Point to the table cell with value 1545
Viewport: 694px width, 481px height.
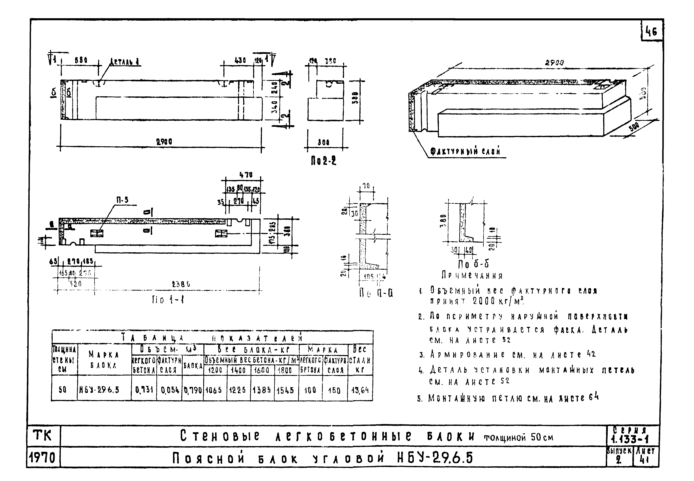[x=285, y=390]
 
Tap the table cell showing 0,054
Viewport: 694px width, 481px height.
[x=170, y=390]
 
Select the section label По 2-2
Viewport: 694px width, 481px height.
[x=323, y=162]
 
